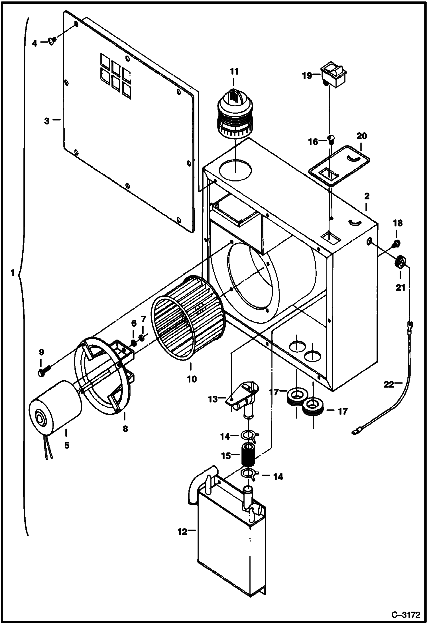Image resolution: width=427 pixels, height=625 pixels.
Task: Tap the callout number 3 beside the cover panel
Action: click(x=47, y=121)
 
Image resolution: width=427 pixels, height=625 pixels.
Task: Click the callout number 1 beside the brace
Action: click(x=13, y=273)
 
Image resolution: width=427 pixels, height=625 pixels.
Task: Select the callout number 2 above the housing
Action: click(x=367, y=196)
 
